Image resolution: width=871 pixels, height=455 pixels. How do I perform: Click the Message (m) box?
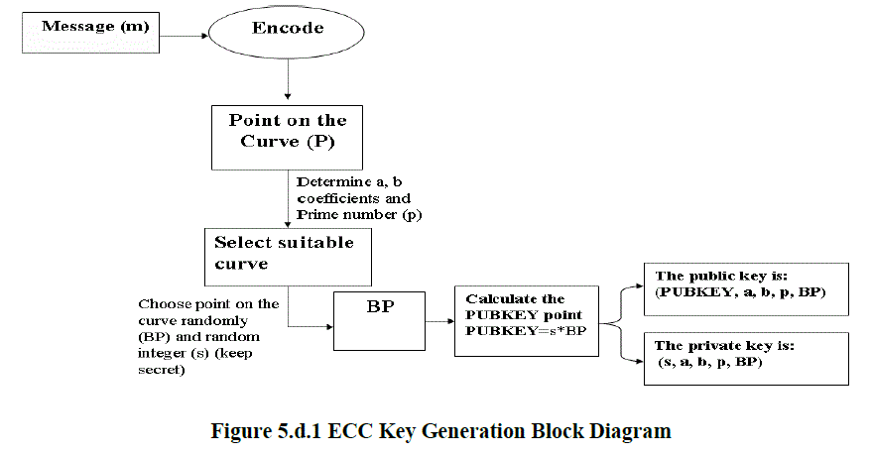90,34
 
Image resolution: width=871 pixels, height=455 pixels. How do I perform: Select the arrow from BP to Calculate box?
440,321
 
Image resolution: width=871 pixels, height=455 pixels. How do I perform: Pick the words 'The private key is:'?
725,346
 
